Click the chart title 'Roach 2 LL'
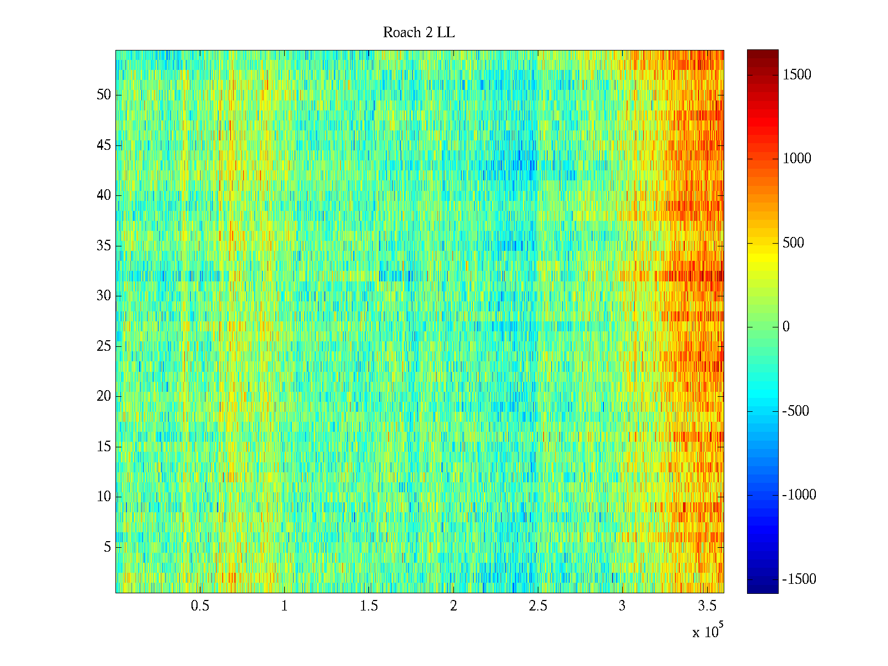coord(418,33)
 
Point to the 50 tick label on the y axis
coord(104,95)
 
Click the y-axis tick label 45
coord(104,145)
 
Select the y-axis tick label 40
coord(104,195)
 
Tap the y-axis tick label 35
coord(104,246)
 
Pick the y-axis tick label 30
coord(104,296)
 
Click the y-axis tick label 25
coord(104,346)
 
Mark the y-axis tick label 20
coord(104,396)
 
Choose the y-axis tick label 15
coord(104,447)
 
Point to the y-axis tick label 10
coord(104,497)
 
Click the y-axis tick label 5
coord(107,547)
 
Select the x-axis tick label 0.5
coord(200,606)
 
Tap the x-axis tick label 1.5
coord(369,606)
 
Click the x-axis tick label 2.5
coord(538,606)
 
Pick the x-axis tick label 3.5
coord(707,606)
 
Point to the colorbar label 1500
coord(797,75)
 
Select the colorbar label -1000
coord(799,495)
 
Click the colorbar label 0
coord(786,327)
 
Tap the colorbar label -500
coord(796,411)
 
